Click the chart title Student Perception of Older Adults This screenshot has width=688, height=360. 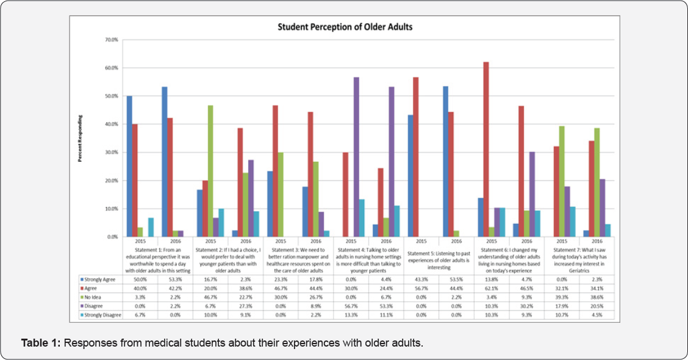pos(346,27)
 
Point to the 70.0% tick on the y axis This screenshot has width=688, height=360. pos(110,40)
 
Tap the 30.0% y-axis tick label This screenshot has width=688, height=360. pos(110,153)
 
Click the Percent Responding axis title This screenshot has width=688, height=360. pos(80,138)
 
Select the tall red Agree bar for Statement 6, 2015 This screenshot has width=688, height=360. pos(486,149)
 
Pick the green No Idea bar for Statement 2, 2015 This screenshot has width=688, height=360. pos(210,171)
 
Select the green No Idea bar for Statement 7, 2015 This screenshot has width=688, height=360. pos(561,181)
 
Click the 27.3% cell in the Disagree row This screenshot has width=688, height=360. pos(245,306)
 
